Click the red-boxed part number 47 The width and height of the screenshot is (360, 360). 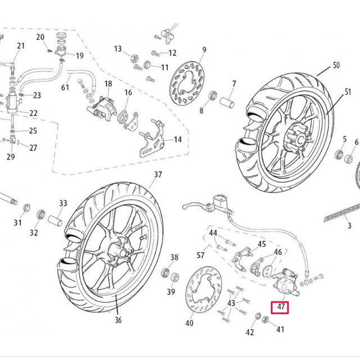pos(280,308)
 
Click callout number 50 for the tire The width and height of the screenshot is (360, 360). pos(336,66)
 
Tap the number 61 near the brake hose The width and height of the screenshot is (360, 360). pos(65,87)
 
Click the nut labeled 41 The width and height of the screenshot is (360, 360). pos(267,321)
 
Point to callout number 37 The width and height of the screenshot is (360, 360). pos(157,174)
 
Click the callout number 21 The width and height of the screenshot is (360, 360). pos(21,46)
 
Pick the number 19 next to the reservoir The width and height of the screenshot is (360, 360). pos(79,56)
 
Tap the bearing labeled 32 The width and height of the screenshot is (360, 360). pos(40,215)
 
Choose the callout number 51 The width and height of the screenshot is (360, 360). pos(348,92)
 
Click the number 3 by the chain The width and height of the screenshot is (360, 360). pos(349,225)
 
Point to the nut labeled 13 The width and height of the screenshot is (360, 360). pos(134,57)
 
